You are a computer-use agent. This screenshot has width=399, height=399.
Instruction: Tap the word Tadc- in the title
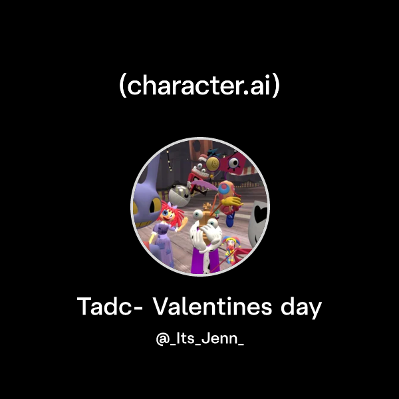pos(111,307)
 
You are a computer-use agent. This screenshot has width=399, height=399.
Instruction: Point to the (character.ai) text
pos(199,86)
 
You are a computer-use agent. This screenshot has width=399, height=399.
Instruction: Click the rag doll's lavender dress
pos(163,236)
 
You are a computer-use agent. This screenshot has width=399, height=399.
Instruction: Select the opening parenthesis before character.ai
pos(122,87)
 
